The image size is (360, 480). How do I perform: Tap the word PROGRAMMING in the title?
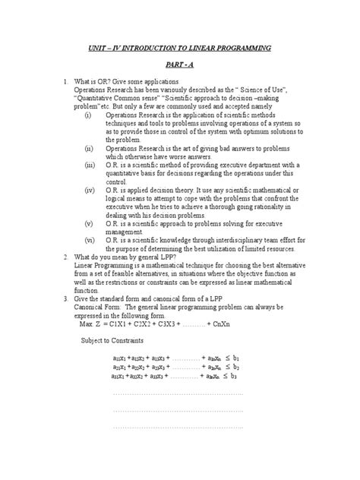[235, 48]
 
